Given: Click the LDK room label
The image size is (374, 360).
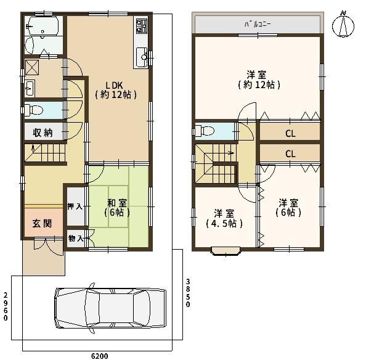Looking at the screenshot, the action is point(116,90).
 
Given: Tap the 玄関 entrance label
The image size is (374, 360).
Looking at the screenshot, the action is point(42,224).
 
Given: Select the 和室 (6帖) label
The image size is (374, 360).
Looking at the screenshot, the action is point(117,208).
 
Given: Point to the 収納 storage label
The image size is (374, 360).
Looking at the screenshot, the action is point(43,133).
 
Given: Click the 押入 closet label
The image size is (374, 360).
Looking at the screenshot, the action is point(75,207).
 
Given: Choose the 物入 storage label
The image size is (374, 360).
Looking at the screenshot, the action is point(76,238).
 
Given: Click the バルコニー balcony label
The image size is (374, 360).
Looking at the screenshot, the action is point(258,24).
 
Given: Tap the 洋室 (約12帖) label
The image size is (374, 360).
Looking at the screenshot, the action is point(259,80).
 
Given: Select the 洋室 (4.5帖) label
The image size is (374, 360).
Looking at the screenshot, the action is point(224,218).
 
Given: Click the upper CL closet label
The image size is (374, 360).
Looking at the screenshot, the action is point(290,133).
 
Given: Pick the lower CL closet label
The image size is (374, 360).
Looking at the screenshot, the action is point(290,154).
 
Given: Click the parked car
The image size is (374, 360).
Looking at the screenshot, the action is point(110,308).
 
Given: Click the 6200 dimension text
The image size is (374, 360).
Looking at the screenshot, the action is point(99,356).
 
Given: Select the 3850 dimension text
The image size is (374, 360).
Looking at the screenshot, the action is point(188,293).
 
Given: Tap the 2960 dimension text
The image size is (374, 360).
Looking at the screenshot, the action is point(6,306).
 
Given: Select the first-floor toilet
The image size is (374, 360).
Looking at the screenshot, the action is point(33,110).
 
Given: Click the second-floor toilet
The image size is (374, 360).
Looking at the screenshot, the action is point(205,131).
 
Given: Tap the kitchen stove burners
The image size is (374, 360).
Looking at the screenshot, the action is point(142,26).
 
